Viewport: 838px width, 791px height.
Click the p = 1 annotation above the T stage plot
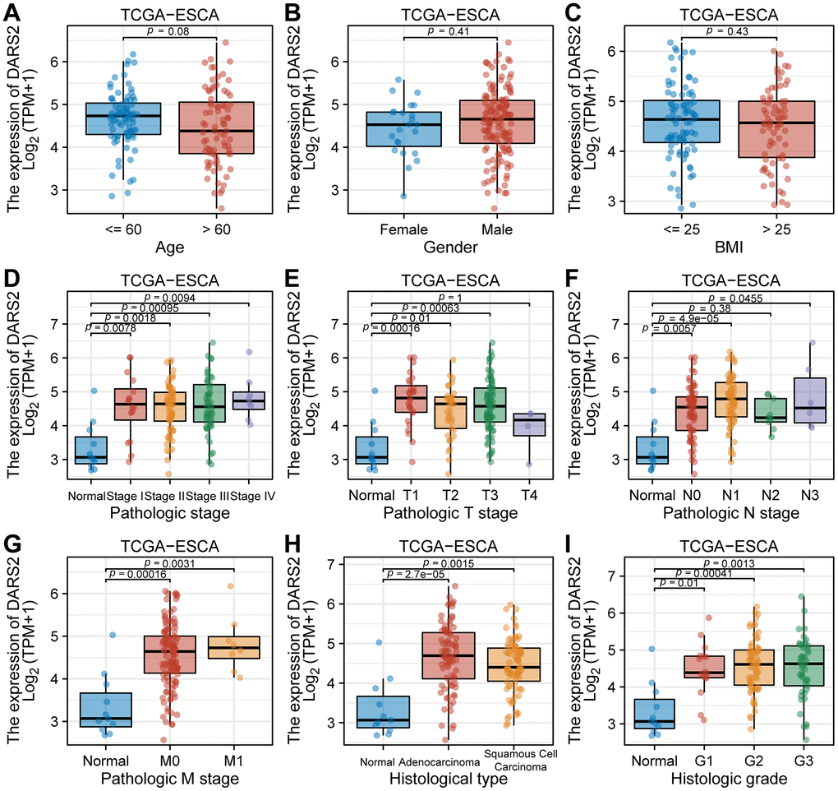pyautogui.click(x=450, y=298)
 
